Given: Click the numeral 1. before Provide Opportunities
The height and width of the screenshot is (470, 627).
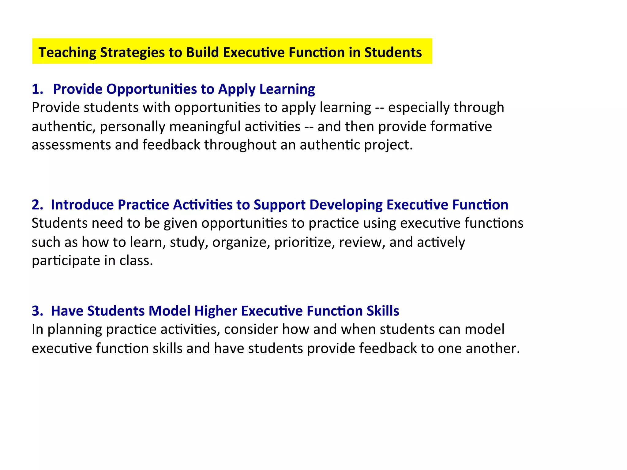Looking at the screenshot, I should [37, 89].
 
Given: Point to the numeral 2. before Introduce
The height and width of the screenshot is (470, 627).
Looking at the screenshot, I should [37, 205].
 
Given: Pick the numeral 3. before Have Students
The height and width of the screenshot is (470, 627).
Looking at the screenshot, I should [37, 311].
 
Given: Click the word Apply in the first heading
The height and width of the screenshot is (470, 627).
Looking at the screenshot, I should [237, 89].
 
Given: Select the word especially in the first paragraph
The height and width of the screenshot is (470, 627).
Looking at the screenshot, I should [419, 108].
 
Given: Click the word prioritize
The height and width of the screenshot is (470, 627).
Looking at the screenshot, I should [305, 242].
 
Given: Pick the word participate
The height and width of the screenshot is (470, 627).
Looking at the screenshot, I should [66, 261].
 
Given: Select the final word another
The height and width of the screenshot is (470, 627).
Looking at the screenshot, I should [493, 349].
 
